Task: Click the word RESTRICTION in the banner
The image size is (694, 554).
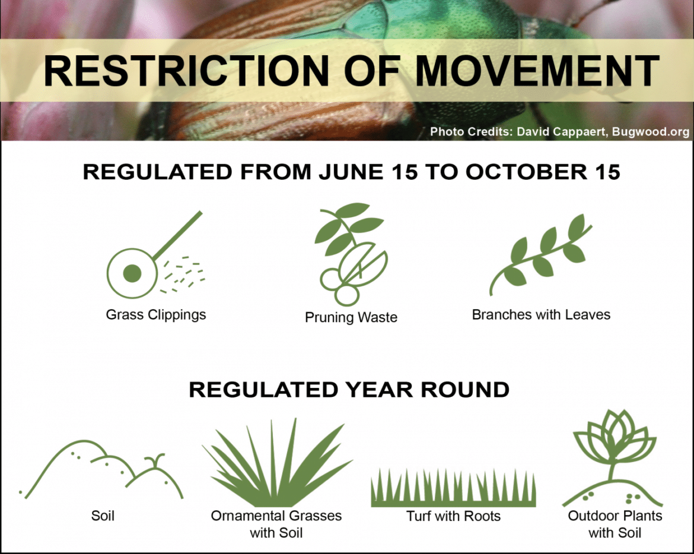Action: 186,71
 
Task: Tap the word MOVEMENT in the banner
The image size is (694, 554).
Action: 537,71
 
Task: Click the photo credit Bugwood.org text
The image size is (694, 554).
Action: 651,132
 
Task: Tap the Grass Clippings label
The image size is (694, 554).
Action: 156,315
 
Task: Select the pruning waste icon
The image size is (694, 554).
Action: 351,254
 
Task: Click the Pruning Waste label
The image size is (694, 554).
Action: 351,317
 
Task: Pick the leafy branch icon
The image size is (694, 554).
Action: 541,255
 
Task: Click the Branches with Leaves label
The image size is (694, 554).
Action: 541,314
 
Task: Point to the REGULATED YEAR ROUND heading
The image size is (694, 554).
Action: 349,390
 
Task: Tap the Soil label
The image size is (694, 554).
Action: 103,516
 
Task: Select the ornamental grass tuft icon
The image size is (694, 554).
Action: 277,463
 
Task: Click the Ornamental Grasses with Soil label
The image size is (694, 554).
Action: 276,524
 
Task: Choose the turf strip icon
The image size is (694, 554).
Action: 453,488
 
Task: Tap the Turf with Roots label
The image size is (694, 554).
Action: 453,516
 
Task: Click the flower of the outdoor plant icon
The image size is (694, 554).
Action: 615,437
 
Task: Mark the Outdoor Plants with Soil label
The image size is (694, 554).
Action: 615,524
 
